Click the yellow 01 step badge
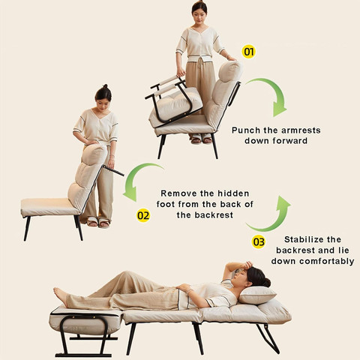point(248,52)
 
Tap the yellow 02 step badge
point(143,215)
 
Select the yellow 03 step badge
point(259,241)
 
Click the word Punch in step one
point(246,130)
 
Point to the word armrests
point(301,130)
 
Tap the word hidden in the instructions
point(233,193)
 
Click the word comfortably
point(327,261)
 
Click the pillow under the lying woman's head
point(257,295)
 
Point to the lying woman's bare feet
point(60,296)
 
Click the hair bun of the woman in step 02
point(105,86)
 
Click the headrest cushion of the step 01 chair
point(230,71)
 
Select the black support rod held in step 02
point(113,171)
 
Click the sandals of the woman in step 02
point(98,222)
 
